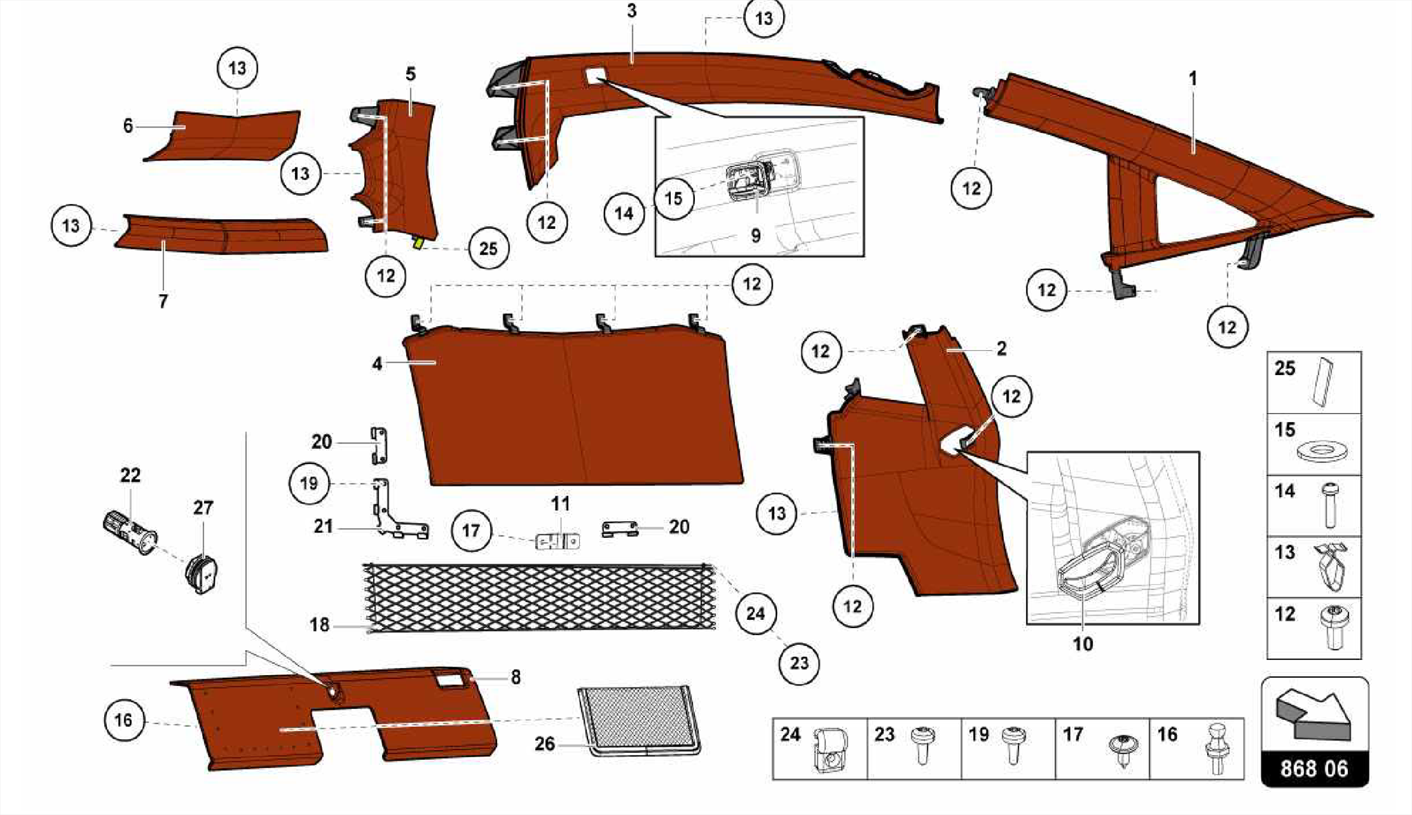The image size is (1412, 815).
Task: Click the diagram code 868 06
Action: (1314, 769)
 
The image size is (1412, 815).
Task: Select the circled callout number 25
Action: (488, 248)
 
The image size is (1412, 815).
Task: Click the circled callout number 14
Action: (623, 213)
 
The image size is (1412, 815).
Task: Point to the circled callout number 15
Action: (673, 199)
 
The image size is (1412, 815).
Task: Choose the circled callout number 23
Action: (798, 663)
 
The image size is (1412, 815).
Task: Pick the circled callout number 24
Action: (756, 613)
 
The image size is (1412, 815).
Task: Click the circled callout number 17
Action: (471, 530)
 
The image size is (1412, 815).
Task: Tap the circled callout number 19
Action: (309, 483)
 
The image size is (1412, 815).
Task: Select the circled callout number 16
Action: (123, 721)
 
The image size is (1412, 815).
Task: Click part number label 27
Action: (203, 507)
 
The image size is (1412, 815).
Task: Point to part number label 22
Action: (130, 475)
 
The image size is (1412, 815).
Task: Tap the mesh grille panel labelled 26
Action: (638, 719)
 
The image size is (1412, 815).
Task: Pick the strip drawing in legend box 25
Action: (1324, 381)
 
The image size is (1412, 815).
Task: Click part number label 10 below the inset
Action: (1082, 644)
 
